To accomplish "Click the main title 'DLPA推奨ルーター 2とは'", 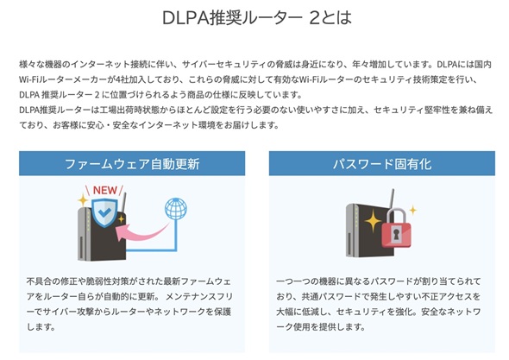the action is [257, 17].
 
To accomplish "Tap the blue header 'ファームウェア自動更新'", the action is [132, 163].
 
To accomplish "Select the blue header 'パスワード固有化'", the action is [382, 163].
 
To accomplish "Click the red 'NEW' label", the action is [105, 190].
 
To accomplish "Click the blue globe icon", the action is [176, 209].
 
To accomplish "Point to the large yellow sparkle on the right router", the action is [373, 221].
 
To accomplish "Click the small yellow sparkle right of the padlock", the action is [413, 211].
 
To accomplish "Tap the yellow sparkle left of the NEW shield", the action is [83, 200].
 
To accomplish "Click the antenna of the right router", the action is [392, 199].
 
